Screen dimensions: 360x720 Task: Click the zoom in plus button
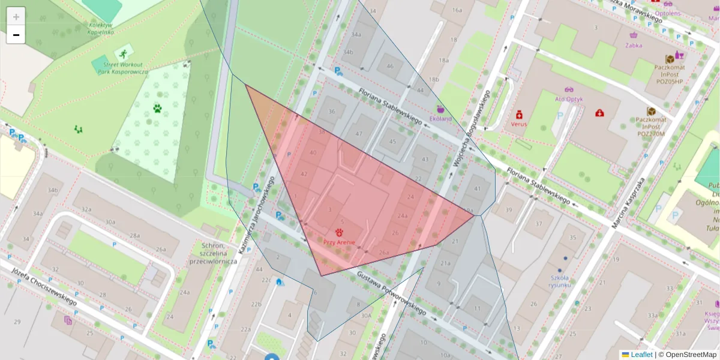pyautogui.click(x=16, y=17)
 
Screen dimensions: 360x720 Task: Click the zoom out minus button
pyautogui.click(x=16, y=35)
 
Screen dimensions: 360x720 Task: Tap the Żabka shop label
pyautogui.click(x=634, y=45)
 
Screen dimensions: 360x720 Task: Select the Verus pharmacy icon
pyautogui.click(x=519, y=114)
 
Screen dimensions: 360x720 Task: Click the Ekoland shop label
pyautogui.click(x=441, y=118)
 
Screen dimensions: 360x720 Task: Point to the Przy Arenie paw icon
pyautogui.click(x=339, y=232)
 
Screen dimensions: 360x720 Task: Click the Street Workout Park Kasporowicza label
pyautogui.click(x=123, y=68)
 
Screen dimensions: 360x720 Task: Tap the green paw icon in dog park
pyautogui.click(x=157, y=109)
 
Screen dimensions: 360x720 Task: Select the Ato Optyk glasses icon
pyautogui.click(x=569, y=89)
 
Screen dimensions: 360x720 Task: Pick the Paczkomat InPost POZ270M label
pyautogui.click(x=652, y=127)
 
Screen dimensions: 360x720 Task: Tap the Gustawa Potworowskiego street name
pyautogui.click(x=391, y=293)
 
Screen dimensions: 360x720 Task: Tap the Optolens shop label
pyautogui.click(x=668, y=13)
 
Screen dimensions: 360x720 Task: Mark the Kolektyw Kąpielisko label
pyautogui.click(x=101, y=28)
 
